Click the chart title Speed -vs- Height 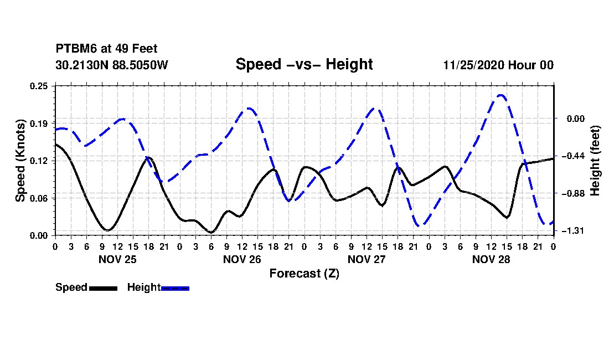click(x=304, y=64)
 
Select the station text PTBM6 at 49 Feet click(x=106, y=49)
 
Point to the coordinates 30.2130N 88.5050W click(x=112, y=65)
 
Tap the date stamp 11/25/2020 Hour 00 click(x=498, y=65)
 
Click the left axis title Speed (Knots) click(x=20, y=161)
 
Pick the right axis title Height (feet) click(x=595, y=161)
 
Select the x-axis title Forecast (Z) click(x=304, y=274)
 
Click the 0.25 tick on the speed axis click(x=39, y=86)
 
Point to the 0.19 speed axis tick click(x=39, y=124)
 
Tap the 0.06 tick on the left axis click(x=39, y=198)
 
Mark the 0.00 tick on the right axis click(x=576, y=119)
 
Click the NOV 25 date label click(x=118, y=260)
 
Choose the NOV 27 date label click(x=367, y=260)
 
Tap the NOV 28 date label click(x=491, y=260)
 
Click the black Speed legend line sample click(x=104, y=289)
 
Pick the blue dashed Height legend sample click(x=175, y=289)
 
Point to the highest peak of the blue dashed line click(x=501, y=95)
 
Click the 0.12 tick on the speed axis click(x=39, y=161)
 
